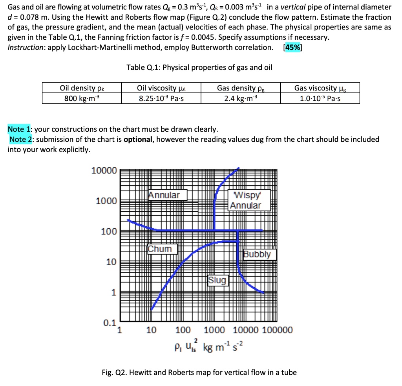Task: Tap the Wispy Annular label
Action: point(245,200)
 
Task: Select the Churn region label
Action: point(160,249)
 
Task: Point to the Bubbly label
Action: point(259,254)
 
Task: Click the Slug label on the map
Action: point(217,280)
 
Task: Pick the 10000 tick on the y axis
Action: point(104,171)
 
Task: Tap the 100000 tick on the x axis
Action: point(277,330)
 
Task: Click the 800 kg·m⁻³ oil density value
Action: point(82,98)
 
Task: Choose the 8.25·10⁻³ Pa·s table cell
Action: point(161,98)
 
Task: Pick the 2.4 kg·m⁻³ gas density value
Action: point(241,98)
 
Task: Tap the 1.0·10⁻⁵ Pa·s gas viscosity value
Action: point(320,98)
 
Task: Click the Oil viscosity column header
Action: point(161,88)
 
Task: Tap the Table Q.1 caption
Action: point(199,67)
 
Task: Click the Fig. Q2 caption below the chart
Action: point(199,372)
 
